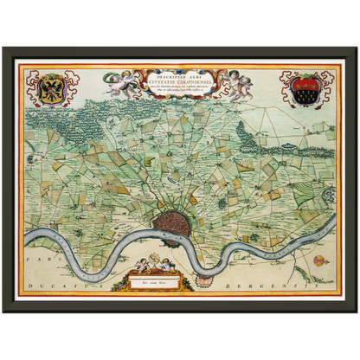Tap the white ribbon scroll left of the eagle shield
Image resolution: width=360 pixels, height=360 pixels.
click(x=31, y=87)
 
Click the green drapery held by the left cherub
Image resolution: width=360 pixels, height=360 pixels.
click(x=130, y=89)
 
